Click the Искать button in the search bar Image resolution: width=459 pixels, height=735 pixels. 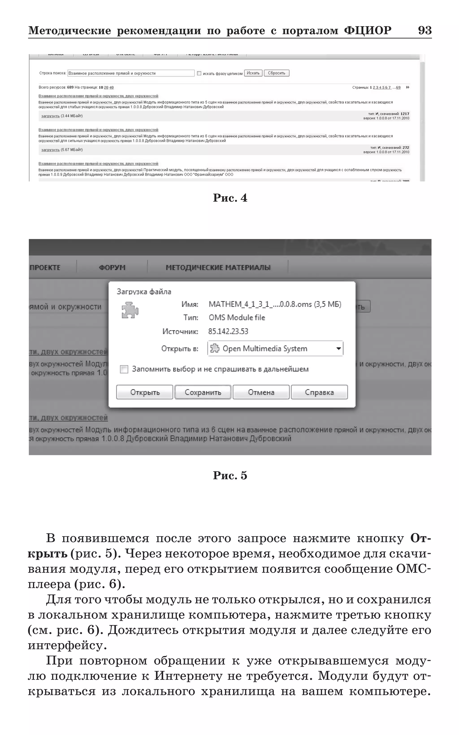253,73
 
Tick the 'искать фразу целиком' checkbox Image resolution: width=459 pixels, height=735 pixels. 199,73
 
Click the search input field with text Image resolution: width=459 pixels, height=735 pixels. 130,73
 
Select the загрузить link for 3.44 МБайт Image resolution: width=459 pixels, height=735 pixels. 50,116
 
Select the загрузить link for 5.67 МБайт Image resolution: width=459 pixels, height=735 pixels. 50,150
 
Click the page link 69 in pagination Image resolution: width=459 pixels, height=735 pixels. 398,87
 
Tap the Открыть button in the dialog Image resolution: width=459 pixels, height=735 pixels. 145,392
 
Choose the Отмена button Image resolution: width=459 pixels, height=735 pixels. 261,392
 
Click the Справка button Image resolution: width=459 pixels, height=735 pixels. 319,392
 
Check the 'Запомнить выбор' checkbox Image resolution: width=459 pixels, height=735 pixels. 124,369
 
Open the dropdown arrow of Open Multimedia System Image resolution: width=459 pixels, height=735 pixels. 338,349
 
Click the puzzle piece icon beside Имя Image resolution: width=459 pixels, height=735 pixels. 130,310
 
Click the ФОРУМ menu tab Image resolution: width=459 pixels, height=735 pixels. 112,268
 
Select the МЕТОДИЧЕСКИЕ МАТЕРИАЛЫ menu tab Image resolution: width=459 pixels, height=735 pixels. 218,268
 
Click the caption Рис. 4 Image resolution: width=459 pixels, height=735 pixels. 230,198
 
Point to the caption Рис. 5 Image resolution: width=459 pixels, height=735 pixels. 230,475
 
